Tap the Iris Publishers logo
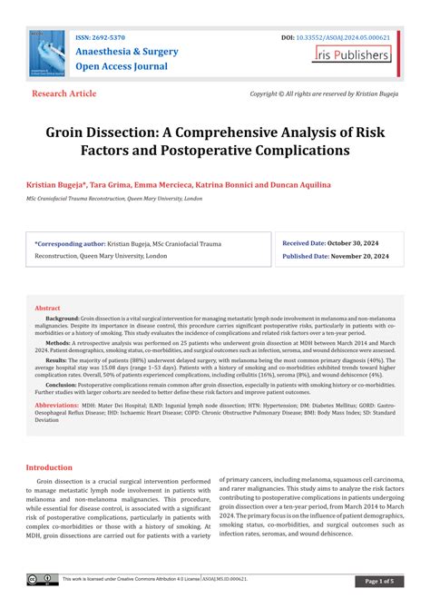coord(352,54)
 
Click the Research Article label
coord(64,94)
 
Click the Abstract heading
coord(47,309)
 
